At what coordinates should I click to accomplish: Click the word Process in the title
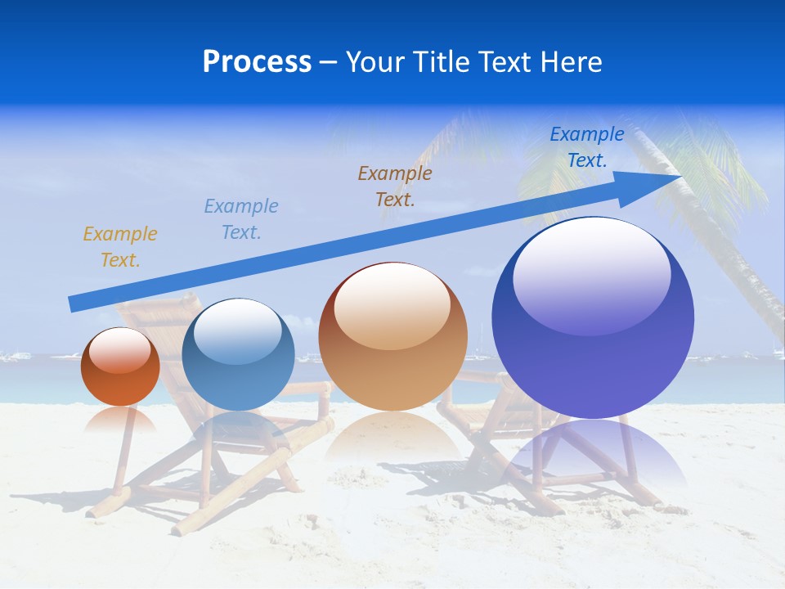[x=257, y=62]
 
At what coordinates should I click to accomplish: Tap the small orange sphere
[x=120, y=372]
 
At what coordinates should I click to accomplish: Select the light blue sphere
[x=238, y=360]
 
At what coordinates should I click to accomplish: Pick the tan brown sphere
[x=392, y=344]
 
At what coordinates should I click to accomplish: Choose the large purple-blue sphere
[x=593, y=327]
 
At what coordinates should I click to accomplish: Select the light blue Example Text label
[x=240, y=219]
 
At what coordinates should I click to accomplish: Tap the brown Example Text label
[x=395, y=186]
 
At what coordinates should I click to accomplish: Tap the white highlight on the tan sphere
[x=392, y=303]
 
